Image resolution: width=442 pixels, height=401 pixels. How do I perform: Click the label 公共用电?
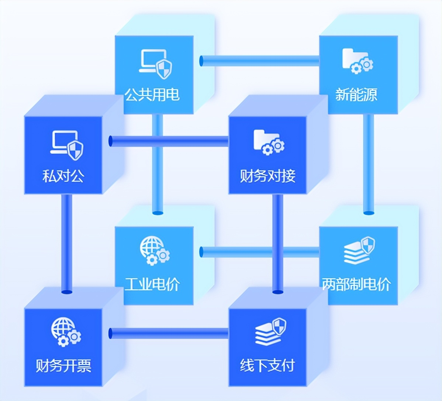coord(152,95)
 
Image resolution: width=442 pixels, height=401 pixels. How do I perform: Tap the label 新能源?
coord(356,95)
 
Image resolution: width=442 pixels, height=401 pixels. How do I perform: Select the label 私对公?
coord(63,176)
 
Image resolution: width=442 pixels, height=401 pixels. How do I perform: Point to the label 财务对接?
coord(267,176)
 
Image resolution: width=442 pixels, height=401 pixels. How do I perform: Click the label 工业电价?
coord(152,284)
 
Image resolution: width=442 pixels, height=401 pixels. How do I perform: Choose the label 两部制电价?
coord(356,284)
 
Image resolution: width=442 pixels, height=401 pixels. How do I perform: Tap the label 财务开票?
coord(63,366)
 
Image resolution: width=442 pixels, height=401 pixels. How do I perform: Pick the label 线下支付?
coord(267,366)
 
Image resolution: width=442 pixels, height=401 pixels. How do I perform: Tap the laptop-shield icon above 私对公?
coord(67,144)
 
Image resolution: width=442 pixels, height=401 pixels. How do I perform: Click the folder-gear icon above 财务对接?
coord(269,142)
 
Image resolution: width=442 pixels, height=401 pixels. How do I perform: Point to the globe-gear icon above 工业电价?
coord(154,250)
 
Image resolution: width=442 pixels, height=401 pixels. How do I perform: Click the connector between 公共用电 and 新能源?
coord(260,61)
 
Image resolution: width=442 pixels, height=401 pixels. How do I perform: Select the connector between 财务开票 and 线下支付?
coord(169,333)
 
